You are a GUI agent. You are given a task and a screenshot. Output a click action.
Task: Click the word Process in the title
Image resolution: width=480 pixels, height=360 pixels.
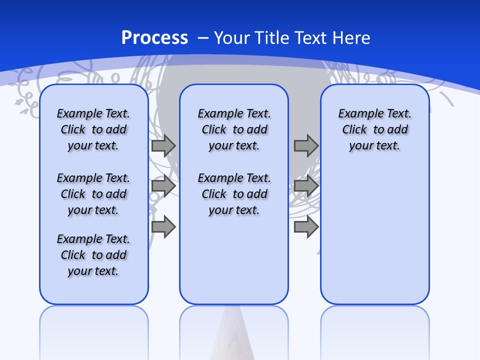(154, 38)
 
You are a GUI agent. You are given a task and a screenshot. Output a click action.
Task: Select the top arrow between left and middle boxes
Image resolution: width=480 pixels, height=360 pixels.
(163, 145)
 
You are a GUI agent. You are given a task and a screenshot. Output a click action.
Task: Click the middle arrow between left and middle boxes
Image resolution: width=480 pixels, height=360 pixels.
(163, 186)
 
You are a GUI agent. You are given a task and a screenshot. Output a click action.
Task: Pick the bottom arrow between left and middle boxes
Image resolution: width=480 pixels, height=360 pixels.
(163, 226)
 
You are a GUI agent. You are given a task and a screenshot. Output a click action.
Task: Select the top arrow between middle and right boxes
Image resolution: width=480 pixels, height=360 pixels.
(306, 145)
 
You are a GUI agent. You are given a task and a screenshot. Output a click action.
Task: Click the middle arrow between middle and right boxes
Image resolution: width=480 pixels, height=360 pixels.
(306, 186)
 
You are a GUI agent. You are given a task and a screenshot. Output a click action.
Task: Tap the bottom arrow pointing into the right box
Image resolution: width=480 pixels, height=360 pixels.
(306, 226)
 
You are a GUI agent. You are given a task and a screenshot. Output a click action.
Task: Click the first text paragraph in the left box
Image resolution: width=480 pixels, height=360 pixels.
(93, 129)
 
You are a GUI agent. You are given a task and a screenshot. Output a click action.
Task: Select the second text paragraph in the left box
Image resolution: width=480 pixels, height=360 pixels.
(93, 194)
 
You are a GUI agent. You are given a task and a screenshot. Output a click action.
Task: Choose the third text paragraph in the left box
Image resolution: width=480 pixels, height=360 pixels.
(93, 255)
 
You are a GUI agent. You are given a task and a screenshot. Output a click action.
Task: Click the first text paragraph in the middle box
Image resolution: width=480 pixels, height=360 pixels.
(234, 129)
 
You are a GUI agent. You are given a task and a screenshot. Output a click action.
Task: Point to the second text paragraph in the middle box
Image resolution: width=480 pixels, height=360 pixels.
(234, 194)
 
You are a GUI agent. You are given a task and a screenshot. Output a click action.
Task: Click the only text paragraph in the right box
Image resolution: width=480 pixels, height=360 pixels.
(374, 129)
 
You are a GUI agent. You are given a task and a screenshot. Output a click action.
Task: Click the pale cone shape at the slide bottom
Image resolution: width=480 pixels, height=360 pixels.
(234, 335)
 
